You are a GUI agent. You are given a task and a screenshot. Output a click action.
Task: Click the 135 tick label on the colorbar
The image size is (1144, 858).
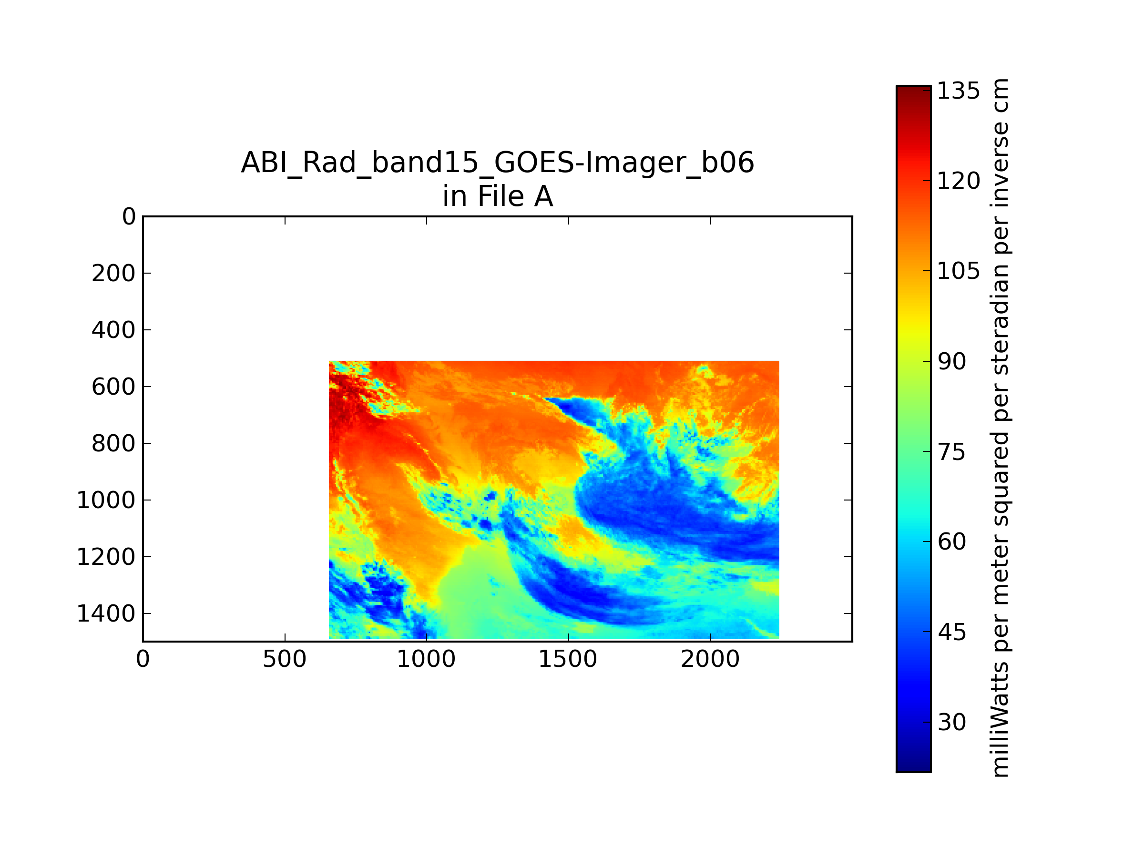pyautogui.click(x=958, y=91)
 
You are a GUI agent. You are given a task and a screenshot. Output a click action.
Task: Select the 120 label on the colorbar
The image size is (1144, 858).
pyautogui.click(x=958, y=181)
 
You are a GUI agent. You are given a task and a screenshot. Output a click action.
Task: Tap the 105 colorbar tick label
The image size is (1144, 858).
pyautogui.click(x=958, y=271)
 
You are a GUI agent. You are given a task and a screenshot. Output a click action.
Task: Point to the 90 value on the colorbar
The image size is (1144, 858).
pyautogui.click(x=951, y=361)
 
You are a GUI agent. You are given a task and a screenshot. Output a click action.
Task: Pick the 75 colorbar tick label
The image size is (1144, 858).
pyautogui.click(x=951, y=452)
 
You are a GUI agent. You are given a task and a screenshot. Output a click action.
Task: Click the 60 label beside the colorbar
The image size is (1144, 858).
pyautogui.click(x=951, y=542)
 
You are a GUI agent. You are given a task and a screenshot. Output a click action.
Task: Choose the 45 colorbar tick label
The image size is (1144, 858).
pyautogui.click(x=951, y=632)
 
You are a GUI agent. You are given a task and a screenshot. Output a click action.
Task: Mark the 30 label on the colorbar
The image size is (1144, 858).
pyautogui.click(x=951, y=722)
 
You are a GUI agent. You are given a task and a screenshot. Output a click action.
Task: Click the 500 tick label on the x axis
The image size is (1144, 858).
pyautogui.click(x=285, y=659)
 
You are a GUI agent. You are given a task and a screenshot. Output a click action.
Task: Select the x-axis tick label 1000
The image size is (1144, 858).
pyautogui.click(x=426, y=659)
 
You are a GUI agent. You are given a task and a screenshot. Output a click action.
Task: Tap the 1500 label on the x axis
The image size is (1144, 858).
pyautogui.click(x=568, y=659)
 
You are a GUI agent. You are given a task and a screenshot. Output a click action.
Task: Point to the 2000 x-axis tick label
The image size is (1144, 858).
pyautogui.click(x=710, y=659)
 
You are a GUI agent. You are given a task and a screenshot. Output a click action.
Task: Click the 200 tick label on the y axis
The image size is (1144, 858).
pyautogui.click(x=114, y=273)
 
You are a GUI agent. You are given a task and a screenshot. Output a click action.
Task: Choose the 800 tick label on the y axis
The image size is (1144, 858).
pyautogui.click(x=114, y=443)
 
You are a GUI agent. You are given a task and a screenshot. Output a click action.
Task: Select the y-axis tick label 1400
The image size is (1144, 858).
pyautogui.click(x=106, y=613)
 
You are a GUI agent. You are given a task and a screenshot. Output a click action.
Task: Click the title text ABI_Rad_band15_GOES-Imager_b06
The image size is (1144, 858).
pyautogui.click(x=498, y=163)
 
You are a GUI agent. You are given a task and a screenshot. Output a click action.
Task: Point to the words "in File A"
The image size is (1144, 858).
pyautogui.click(x=498, y=196)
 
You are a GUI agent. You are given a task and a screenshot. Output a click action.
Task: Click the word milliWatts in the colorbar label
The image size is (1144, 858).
pyautogui.click(x=1000, y=719)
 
